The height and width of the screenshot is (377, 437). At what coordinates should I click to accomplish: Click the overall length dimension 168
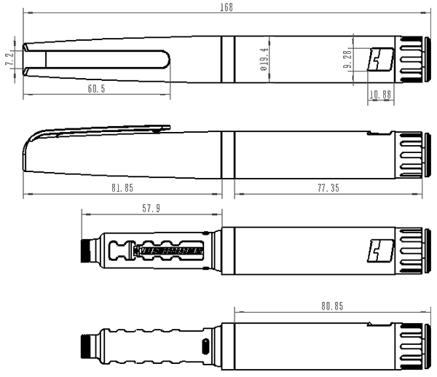[x=227, y=7]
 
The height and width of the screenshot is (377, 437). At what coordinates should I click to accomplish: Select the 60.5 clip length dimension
[x=96, y=89]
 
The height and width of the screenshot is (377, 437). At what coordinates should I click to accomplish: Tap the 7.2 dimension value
[x=9, y=58]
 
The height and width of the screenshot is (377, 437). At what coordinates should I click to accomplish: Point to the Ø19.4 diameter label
[x=264, y=59]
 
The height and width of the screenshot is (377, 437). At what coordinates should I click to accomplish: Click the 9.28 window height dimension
[x=347, y=59]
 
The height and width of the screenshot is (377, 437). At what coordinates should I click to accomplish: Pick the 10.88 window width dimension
[x=380, y=95]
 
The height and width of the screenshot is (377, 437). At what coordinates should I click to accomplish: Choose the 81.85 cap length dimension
[x=122, y=188]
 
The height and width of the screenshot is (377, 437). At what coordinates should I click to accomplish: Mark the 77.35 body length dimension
[x=328, y=188]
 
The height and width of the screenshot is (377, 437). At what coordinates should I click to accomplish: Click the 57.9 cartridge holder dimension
[x=151, y=208]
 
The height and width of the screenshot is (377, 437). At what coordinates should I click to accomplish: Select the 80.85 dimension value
[x=332, y=306]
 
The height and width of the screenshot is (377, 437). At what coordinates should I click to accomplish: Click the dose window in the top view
[x=381, y=59]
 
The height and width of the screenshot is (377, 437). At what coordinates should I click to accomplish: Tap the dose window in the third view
[x=381, y=251]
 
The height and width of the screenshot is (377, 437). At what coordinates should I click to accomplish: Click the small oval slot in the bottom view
[x=205, y=346]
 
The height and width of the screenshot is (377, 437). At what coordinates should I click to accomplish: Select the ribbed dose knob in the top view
[x=412, y=60]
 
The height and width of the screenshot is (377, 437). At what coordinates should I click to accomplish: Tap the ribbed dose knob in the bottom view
[x=412, y=346]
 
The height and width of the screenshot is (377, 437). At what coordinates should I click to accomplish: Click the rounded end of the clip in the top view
[x=166, y=59]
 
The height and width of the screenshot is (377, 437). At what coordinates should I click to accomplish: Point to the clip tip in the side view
[x=168, y=128]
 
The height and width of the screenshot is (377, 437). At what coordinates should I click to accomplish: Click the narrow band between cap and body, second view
[x=228, y=155]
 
